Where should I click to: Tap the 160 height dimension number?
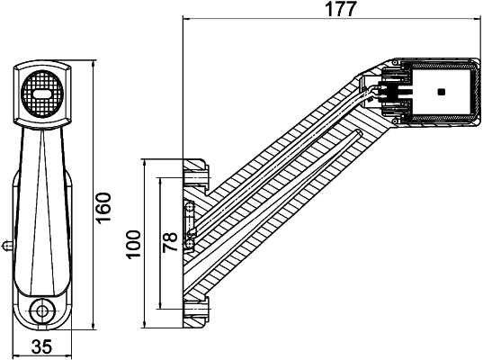point(103,209)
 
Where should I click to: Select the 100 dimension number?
point(135,243)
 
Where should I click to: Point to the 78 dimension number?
point(169,243)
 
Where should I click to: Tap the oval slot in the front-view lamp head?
point(41,92)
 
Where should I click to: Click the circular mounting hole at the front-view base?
point(41,311)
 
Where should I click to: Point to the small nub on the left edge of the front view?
point(6,243)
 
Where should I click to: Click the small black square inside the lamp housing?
point(440,92)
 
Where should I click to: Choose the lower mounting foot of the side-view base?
point(196,310)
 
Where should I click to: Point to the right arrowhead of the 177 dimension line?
point(478,19)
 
